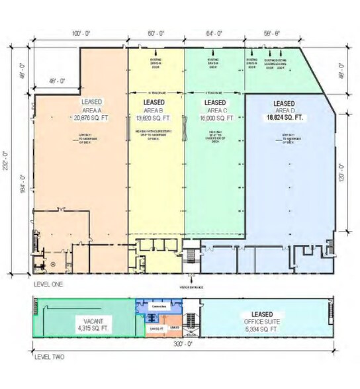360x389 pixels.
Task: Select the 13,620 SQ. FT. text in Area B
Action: (154, 119)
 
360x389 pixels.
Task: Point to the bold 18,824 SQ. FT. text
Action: (285, 117)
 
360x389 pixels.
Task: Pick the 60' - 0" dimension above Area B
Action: (156, 32)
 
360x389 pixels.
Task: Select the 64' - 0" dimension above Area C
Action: (215, 32)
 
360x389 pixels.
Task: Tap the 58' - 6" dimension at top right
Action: (272, 32)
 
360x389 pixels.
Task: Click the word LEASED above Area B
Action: (154, 103)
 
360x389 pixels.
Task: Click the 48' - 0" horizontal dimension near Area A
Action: (51, 81)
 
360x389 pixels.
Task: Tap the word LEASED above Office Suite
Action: (266, 314)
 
